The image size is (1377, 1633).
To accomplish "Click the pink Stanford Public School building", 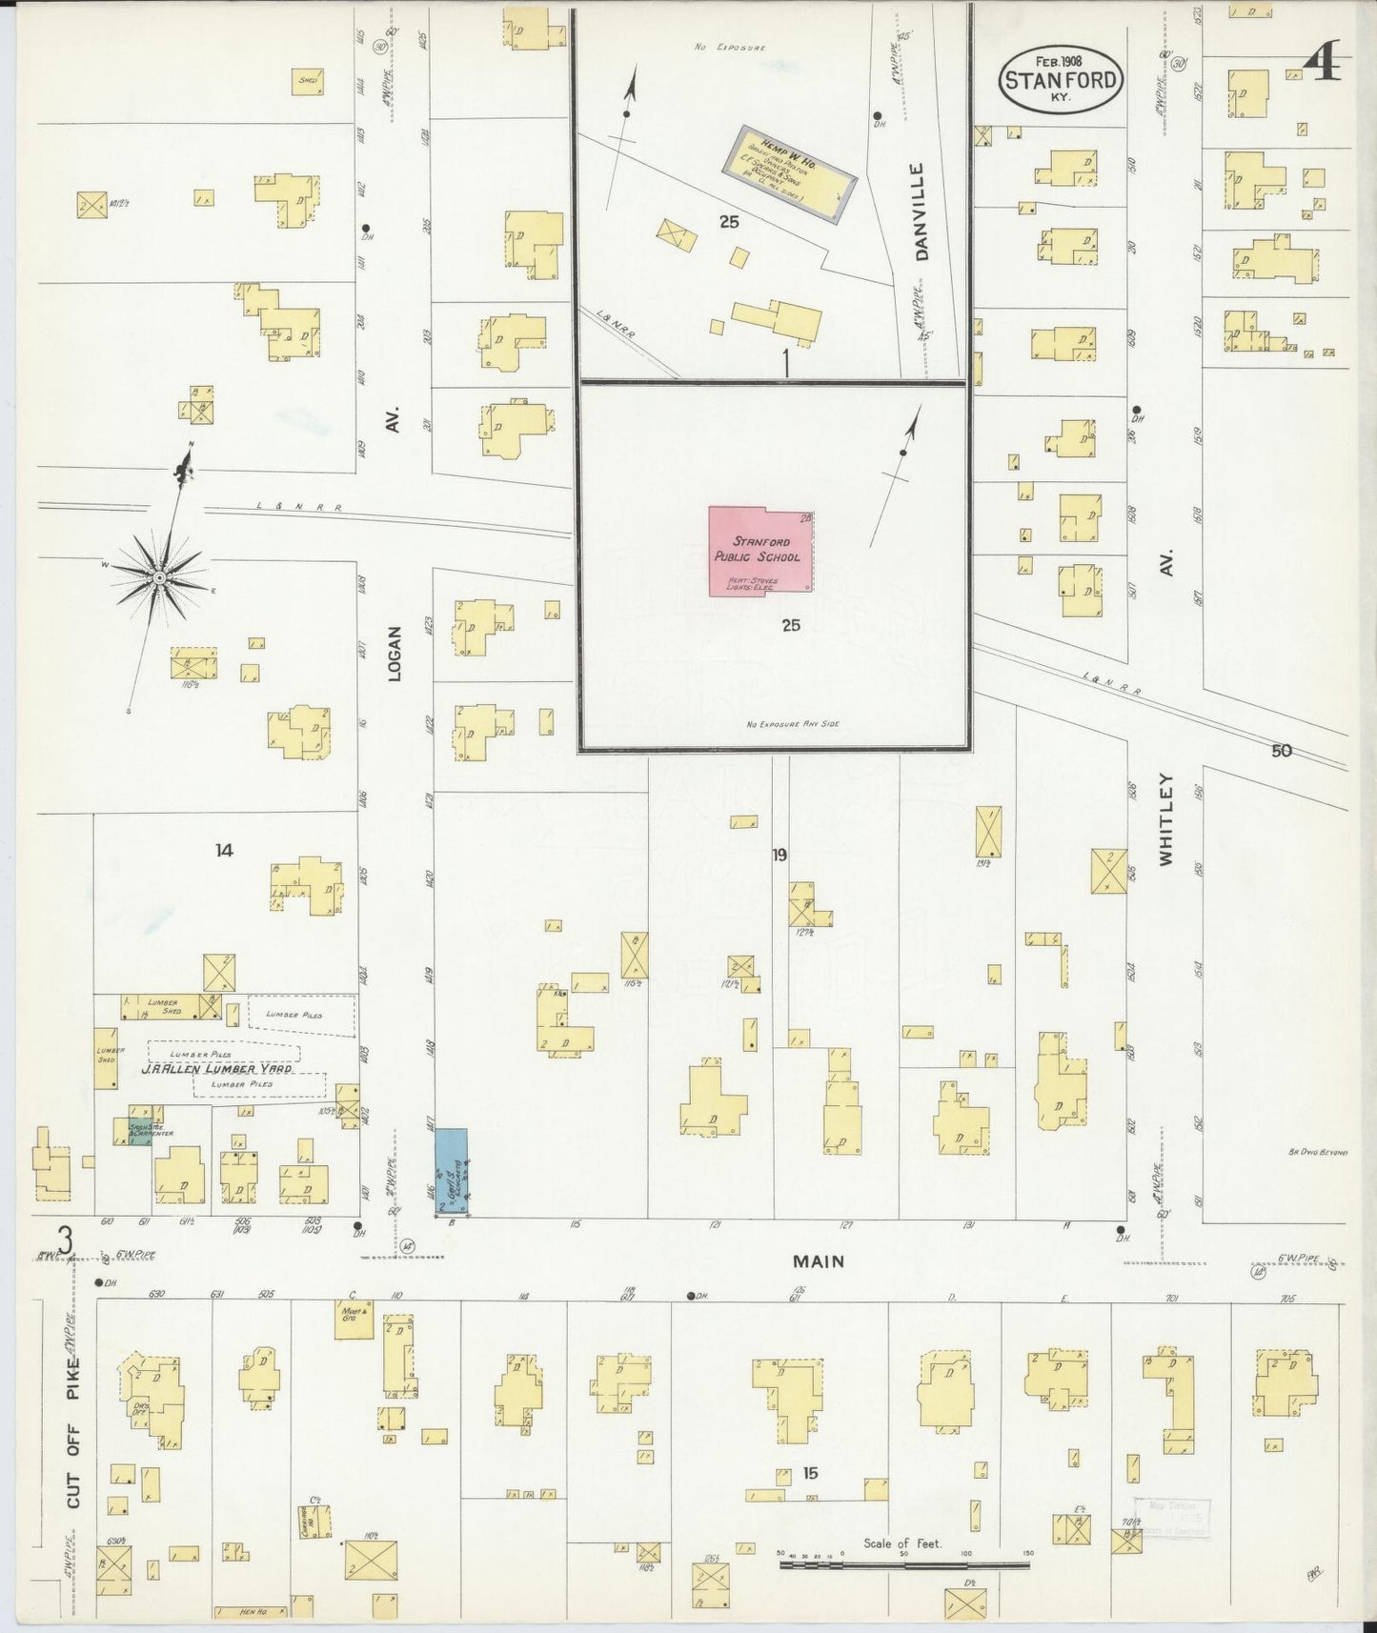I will (x=760, y=552).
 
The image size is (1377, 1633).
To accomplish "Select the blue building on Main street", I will (x=451, y=1171).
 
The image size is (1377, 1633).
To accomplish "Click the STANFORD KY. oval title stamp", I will (x=1061, y=79).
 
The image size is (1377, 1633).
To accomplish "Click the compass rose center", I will (x=159, y=577).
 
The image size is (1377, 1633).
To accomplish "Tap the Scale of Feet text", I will (x=901, y=1542).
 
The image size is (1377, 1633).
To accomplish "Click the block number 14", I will (x=224, y=850).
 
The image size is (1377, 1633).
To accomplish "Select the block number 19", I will (x=780, y=855).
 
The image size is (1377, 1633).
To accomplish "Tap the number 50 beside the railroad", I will (x=1281, y=751).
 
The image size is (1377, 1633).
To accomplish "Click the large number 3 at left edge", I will (x=65, y=1240).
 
